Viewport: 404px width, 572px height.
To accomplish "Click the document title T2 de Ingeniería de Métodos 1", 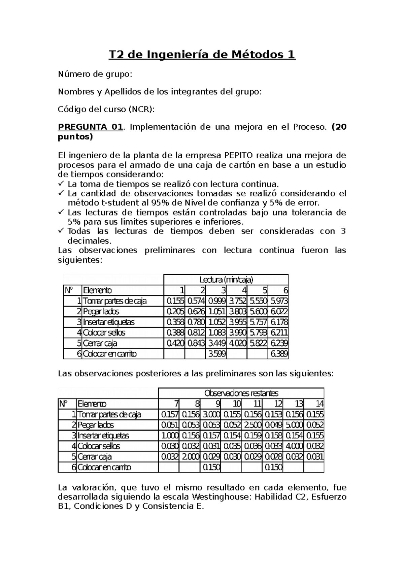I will point(202,54).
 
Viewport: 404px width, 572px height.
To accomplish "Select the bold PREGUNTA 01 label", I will point(90,127).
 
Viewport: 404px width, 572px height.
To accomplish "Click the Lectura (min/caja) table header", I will point(226,280).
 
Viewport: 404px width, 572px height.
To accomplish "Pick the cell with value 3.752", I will point(237,301).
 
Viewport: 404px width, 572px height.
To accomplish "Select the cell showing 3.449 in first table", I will point(216,343).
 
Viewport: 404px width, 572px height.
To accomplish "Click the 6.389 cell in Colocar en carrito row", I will point(279,354).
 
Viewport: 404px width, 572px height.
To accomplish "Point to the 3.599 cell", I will point(216,354).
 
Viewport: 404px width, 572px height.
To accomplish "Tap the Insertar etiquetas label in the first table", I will point(108,322).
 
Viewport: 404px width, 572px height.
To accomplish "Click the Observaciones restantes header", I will point(241,393).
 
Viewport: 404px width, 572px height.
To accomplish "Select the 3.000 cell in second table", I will point(211,414).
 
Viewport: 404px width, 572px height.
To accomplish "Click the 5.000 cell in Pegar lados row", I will point(294,425).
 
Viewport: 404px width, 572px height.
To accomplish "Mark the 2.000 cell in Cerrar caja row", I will point(190,457).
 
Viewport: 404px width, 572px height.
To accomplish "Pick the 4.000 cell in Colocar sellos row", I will point(294,446).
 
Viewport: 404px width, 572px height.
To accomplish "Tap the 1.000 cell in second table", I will point(169,436).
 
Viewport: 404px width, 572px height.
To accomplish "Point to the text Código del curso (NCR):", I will point(107,109).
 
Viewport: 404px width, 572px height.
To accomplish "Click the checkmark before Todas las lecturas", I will point(61,231).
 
